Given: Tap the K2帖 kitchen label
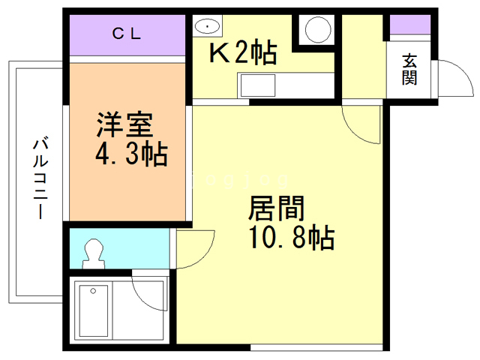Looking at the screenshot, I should pyautogui.click(x=242, y=54).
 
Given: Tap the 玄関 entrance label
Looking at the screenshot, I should pyautogui.click(x=409, y=68).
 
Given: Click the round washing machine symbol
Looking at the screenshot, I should pyautogui.click(x=316, y=30).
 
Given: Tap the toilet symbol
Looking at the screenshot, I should pyautogui.click(x=94, y=252).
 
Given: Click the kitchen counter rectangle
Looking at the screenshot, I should pyautogui.click(x=286, y=84).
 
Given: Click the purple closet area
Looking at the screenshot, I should pyautogui.click(x=127, y=34).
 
